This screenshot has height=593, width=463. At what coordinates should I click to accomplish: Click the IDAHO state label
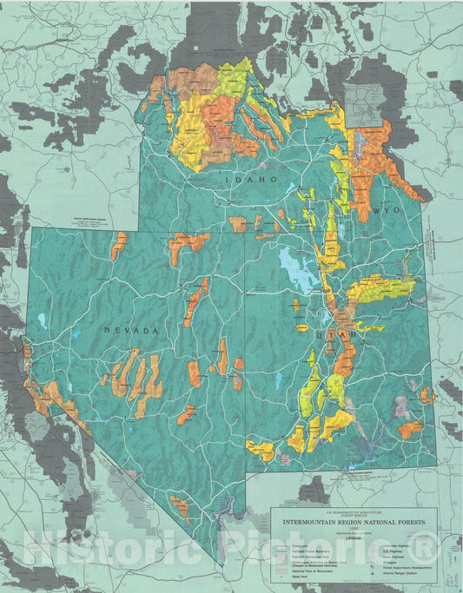pos(253,179)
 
